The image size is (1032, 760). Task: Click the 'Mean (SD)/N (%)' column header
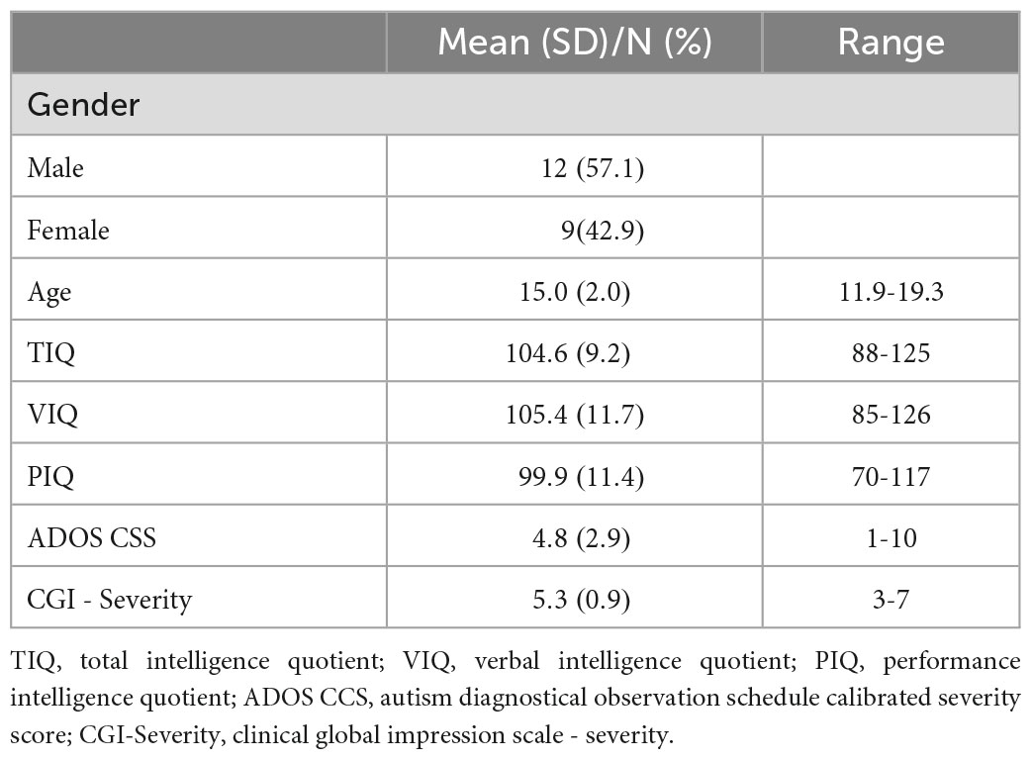click(574, 42)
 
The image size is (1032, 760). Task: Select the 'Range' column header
click(891, 42)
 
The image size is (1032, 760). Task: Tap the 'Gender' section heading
click(83, 105)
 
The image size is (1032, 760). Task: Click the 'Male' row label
click(55, 168)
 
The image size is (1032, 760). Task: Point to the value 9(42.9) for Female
click(603, 231)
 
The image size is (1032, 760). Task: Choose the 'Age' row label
click(49, 293)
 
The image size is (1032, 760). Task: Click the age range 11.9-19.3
click(891, 293)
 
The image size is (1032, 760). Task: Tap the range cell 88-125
click(891, 353)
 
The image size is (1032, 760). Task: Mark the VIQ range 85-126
click(891, 415)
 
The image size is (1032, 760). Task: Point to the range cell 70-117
click(891, 477)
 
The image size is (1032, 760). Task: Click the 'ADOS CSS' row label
click(92, 538)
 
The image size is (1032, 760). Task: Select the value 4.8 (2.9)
click(575, 538)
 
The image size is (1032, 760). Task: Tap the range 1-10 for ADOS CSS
click(891, 538)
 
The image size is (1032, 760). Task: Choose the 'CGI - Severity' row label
click(110, 600)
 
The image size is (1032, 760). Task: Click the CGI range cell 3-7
click(891, 600)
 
